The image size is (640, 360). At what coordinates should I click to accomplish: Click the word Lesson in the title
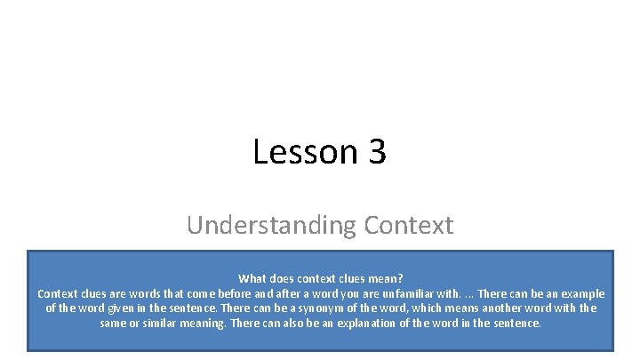tap(293, 152)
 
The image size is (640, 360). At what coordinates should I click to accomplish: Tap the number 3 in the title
tap(376, 152)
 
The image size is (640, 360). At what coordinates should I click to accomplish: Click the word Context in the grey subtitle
tap(408, 225)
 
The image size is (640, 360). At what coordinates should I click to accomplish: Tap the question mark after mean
tap(401, 278)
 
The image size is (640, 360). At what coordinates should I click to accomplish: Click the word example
tap(582, 293)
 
